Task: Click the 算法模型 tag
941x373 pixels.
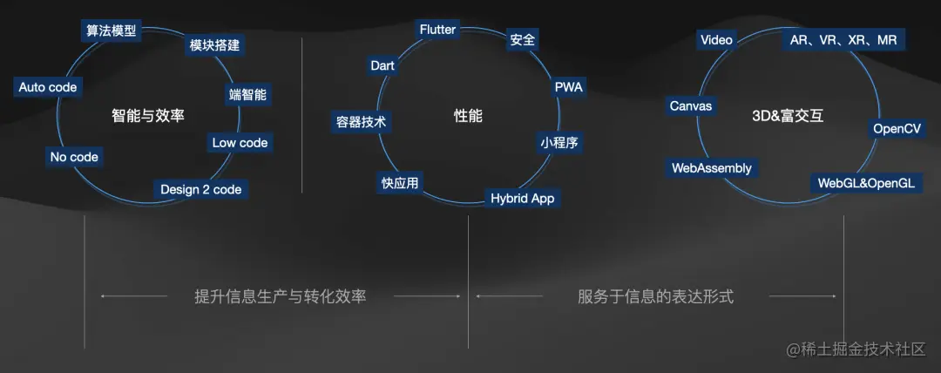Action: (111, 31)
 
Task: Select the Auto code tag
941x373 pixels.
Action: (48, 87)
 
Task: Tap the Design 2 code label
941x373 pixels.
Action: (201, 189)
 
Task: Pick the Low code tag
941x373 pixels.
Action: (240, 142)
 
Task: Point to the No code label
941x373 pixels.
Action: (74, 157)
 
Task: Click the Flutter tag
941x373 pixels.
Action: (437, 30)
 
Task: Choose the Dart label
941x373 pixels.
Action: (382, 65)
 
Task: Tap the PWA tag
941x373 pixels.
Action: (569, 87)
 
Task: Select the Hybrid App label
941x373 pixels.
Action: (523, 198)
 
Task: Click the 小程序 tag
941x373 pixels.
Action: (559, 142)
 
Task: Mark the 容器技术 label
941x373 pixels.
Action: (362, 122)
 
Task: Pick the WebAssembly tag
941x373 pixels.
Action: (712, 167)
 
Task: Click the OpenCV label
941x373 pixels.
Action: (897, 129)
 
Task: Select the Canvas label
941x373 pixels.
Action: (691, 106)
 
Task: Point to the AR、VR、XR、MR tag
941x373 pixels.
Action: (843, 39)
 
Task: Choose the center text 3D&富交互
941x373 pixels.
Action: (787, 115)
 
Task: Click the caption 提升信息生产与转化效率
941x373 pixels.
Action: (280, 296)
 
